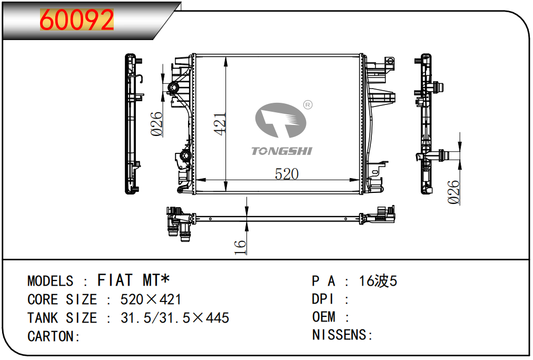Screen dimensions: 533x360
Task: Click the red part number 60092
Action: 76,20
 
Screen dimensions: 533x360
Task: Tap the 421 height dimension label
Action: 220,124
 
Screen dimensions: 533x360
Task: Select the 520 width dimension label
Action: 287,174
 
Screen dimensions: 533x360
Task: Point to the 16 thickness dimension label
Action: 240,247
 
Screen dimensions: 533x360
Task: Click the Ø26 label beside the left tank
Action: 157,124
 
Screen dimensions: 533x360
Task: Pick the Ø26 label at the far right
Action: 453,192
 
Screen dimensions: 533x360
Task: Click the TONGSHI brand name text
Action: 281,151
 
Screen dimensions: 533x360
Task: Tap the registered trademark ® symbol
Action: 307,105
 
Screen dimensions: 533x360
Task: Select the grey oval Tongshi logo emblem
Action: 281,120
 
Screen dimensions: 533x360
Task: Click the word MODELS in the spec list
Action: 51,281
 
